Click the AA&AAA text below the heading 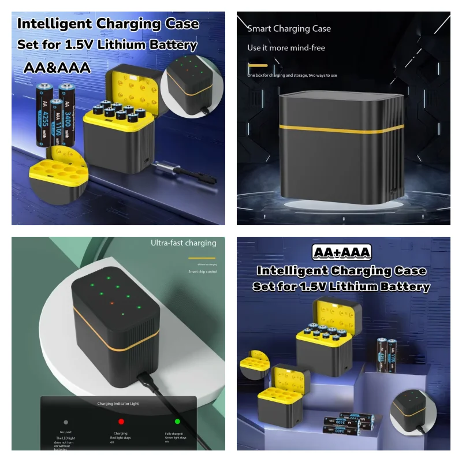pos(57,68)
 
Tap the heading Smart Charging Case pos(289,28)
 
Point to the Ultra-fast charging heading pos(184,243)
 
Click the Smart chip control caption pos(202,271)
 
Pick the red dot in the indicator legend pos(122,422)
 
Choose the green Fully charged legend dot pos(177,422)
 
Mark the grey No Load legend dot pos(66,423)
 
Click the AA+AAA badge pos(341,253)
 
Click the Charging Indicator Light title pos(118,404)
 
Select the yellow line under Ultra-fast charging pos(202,258)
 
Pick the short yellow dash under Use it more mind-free pos(258,65)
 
